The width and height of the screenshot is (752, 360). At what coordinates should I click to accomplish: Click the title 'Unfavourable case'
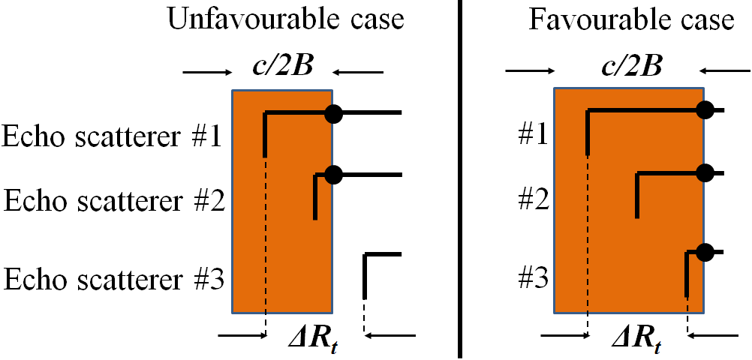(285, 19)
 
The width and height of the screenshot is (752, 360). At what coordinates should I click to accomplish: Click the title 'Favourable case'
(631, 19)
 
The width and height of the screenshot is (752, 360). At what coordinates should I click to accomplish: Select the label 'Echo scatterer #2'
(115, 201)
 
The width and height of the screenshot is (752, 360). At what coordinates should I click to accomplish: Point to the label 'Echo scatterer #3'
(113, 279)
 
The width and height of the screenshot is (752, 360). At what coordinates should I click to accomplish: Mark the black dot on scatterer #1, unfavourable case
(334, 113)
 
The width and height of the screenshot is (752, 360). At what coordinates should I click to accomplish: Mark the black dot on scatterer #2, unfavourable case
(334, 175)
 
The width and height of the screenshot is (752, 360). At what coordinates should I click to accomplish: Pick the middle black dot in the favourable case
(704, 173)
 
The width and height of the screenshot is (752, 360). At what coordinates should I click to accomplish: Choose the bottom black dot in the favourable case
(704, 252)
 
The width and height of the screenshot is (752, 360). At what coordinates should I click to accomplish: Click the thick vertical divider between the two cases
(459, 180)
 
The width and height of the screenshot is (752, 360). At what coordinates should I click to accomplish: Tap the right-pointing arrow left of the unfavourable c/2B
(207, 73)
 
